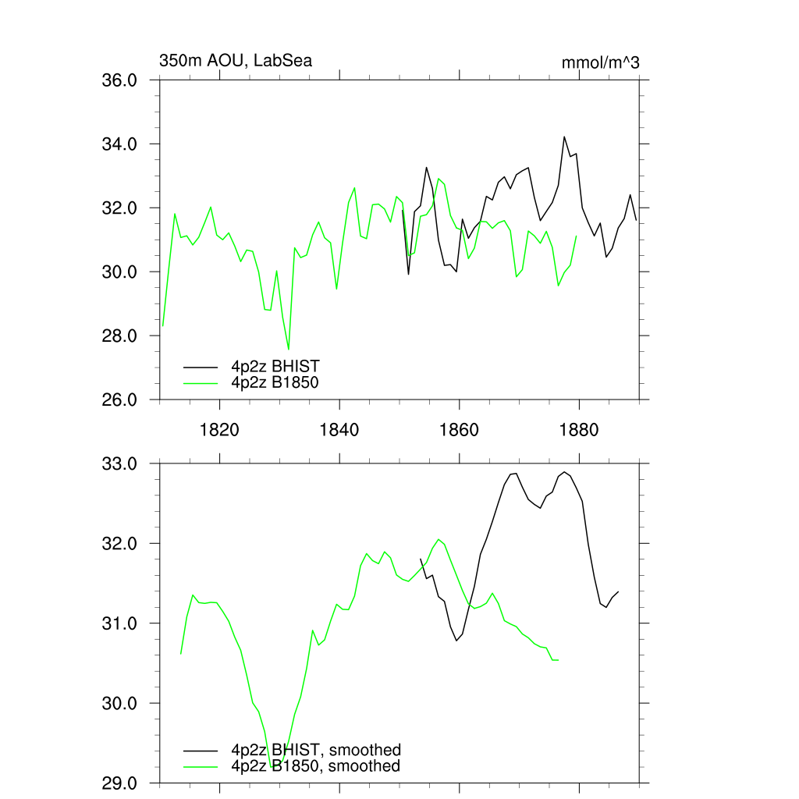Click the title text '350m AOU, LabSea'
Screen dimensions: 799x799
(x=236, y=60)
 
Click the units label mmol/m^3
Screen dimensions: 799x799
(x=601, y=62)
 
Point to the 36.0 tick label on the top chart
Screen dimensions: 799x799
(x=120, y=80)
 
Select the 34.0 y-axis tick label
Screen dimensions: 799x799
(x=120, y=144)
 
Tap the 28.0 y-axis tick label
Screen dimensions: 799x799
(x=120, y=336)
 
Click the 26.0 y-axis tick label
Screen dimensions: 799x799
(x=120, y=400)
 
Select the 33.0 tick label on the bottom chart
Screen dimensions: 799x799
(x=120, y=464)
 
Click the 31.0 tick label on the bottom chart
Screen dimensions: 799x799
(x=120, y=623)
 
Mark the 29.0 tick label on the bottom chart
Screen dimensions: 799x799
(x=120, y=783)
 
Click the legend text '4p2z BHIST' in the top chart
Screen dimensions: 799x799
(x=275, y=366)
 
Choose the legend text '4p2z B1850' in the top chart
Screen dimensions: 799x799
(x=275, y=382)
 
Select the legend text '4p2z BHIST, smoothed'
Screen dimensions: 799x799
(x=316, y=751)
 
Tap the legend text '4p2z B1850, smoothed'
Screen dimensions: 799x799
(x=316, y=766)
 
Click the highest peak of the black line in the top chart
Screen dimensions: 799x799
(x=564, y=137)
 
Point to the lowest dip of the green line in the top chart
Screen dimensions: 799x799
(x=289, y=350)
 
